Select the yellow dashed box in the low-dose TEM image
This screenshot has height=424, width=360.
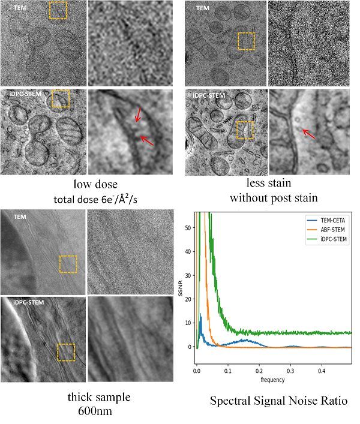pos(58,11)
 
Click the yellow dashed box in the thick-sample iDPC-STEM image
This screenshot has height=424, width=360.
pos(66,353)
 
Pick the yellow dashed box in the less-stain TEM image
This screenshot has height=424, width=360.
pos(247,41)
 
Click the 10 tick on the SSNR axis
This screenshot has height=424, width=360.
pos(191,323)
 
